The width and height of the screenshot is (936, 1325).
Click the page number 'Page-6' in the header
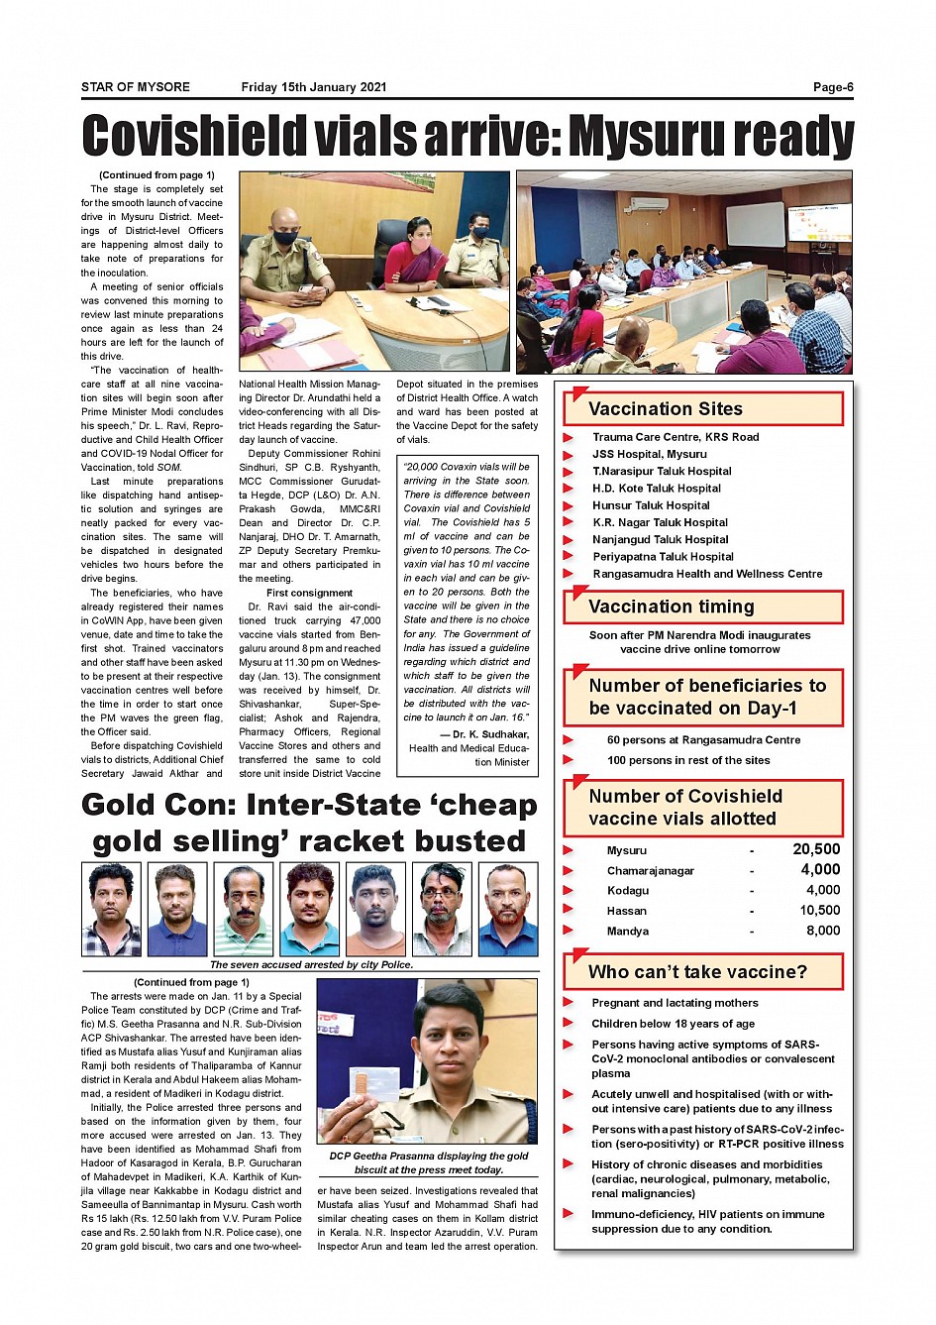coord(832,87)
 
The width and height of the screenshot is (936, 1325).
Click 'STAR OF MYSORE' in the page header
coord(136,87)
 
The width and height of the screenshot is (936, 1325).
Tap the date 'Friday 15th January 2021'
coord(313,87)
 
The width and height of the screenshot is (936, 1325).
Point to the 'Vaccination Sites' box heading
coord(666,409)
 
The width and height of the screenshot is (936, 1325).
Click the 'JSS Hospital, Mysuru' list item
coord(650,454)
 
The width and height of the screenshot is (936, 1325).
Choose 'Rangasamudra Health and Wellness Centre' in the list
coord(707,574)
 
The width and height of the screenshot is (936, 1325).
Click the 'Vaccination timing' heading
coord(671,607)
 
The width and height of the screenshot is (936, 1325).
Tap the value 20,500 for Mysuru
coord(816,849)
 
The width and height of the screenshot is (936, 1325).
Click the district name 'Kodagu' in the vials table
coord(628,891)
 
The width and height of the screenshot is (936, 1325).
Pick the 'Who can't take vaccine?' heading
coord(697,972)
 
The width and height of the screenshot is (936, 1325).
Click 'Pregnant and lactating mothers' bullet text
coord(675,1003)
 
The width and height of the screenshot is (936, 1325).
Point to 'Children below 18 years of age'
coord(673,1024)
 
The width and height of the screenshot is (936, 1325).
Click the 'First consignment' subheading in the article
coord(309,593)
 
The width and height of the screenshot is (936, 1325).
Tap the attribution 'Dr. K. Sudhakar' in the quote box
coord(490,734)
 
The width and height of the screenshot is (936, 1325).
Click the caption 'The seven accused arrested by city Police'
coord(311,964)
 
